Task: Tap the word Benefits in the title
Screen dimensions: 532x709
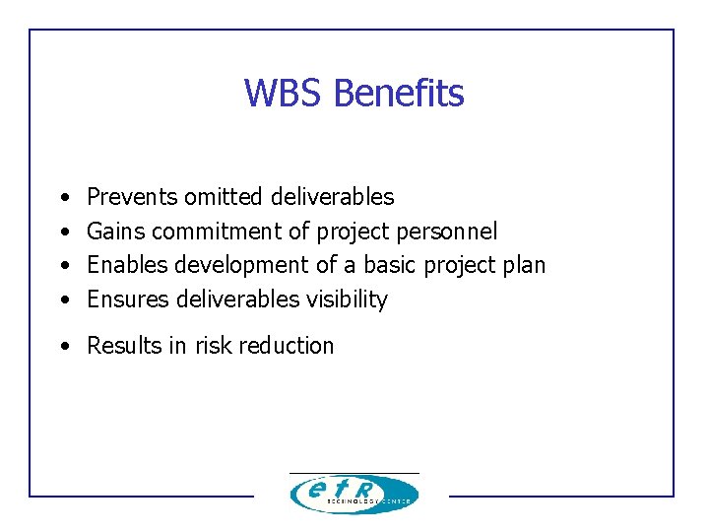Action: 399,94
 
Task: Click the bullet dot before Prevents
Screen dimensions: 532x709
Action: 64,198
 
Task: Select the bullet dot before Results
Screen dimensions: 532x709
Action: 64,347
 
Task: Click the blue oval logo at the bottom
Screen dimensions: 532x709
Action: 354,494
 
